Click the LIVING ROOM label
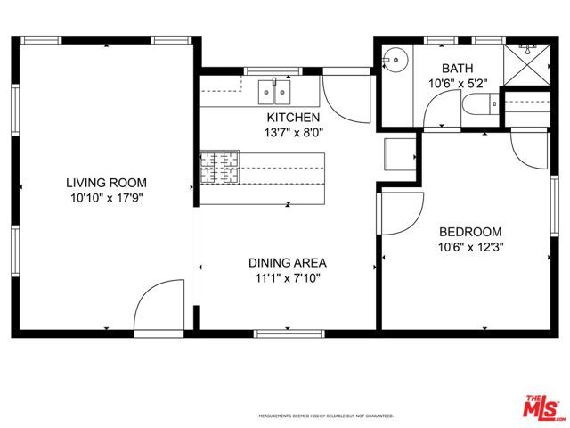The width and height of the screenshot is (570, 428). tap(104, 182)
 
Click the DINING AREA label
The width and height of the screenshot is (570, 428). tap(287, 263)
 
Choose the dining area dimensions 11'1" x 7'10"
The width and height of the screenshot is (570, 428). tap(287, 277)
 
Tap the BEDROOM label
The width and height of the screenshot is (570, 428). tap(469, 231)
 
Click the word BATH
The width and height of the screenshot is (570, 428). tap(457, 68)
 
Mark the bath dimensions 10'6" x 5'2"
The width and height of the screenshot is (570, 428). tap(457, 83)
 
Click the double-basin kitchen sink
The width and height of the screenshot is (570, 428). tap(275, 90)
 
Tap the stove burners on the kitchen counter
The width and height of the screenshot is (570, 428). tap(218, 168)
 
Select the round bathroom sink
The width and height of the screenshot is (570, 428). tap(394, 61)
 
